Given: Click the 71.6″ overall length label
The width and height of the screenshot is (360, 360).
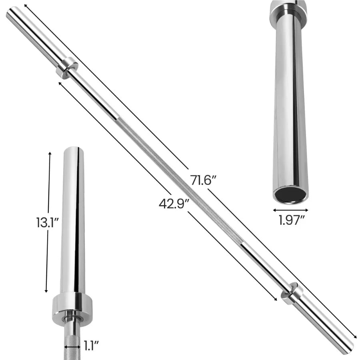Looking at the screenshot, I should click(203, 180).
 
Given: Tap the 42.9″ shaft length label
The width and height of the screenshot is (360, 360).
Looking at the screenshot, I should click(174, 204).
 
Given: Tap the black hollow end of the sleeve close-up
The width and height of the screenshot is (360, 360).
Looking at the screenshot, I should click(290, 194).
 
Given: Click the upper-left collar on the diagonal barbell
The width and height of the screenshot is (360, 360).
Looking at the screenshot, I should click(67, 67).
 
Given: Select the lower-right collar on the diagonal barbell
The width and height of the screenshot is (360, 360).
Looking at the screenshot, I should click(292, 293).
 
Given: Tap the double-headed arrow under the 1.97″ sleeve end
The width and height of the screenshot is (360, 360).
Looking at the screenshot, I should click(291, 209).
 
